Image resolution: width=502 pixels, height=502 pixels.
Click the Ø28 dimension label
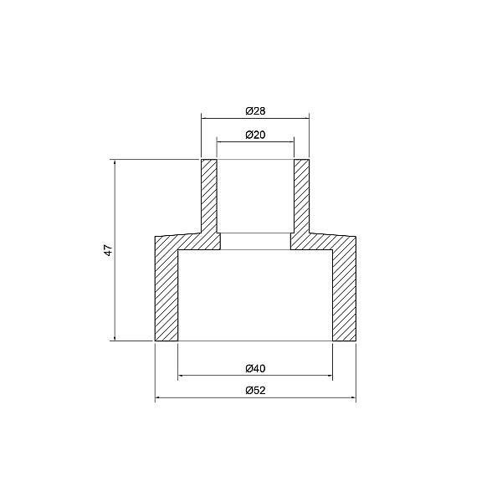[x=255, y=110]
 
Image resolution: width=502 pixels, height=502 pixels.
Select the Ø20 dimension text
[x=255, y=135]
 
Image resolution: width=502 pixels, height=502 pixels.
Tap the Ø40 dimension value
[x=255, y=368]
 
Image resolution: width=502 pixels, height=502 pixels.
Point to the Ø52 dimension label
[x=255, y=391]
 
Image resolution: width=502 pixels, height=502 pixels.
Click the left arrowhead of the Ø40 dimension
[x=182, y=376]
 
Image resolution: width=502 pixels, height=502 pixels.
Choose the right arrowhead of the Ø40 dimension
[x=330, y=376]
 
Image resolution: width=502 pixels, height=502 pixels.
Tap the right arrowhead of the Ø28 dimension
[x=306, y=119]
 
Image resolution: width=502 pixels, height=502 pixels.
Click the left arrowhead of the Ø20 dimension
[x=220, y=141]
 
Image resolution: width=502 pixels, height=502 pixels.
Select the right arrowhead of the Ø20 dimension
[x=291, y=141]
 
